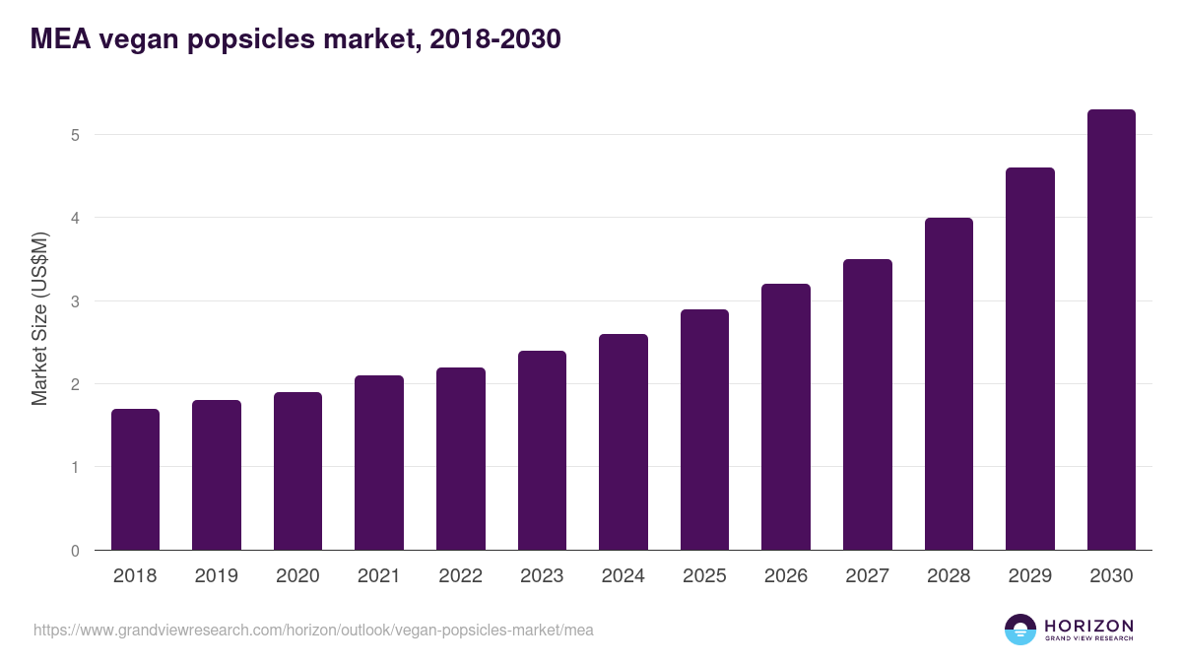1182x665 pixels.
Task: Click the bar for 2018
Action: pos(135,480)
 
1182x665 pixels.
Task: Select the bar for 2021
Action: pos(379,463)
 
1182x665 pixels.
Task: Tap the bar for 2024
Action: pos(624,442)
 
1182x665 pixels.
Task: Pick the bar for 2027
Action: pos(868,405)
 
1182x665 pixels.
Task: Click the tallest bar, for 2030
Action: pos(1111,330)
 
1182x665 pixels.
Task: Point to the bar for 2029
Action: pos(1030,359)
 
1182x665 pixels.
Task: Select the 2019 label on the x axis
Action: pos(217,576)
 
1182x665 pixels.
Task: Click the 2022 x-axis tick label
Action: pos(460,576)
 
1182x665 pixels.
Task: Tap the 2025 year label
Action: pos(704,576)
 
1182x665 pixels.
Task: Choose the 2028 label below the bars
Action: pos(949,576)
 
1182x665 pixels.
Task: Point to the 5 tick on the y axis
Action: pos(75,135)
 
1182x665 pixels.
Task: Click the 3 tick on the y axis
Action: pos(75,301)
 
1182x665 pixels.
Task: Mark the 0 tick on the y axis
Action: pos(75,551)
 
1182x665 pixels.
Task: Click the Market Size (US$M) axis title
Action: pos(40,318)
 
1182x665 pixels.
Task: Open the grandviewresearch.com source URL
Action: pos(313,630)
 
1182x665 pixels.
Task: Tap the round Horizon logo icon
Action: pos(1020,630)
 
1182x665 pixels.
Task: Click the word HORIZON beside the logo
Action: pos(1088,625)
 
